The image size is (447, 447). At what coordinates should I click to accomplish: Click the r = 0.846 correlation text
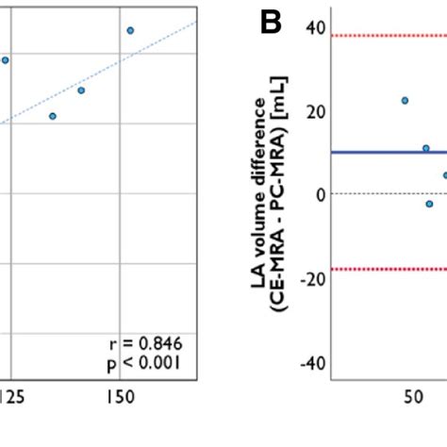[146, 343]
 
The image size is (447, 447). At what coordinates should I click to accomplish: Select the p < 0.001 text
[146, 362]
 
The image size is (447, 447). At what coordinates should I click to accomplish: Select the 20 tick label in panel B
[315, 111]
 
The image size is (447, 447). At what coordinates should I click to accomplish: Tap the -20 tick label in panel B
[312, 278]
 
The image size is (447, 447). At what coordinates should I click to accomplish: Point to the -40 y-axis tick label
[312, 362]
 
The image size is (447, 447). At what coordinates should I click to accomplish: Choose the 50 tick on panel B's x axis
[413, 397]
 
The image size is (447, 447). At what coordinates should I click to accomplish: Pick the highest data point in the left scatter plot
[130, 30]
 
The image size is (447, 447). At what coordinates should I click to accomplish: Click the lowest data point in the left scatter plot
[53, 116]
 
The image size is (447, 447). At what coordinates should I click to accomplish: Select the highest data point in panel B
[405, 100]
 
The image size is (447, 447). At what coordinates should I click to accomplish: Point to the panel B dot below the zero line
[429, 204]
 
